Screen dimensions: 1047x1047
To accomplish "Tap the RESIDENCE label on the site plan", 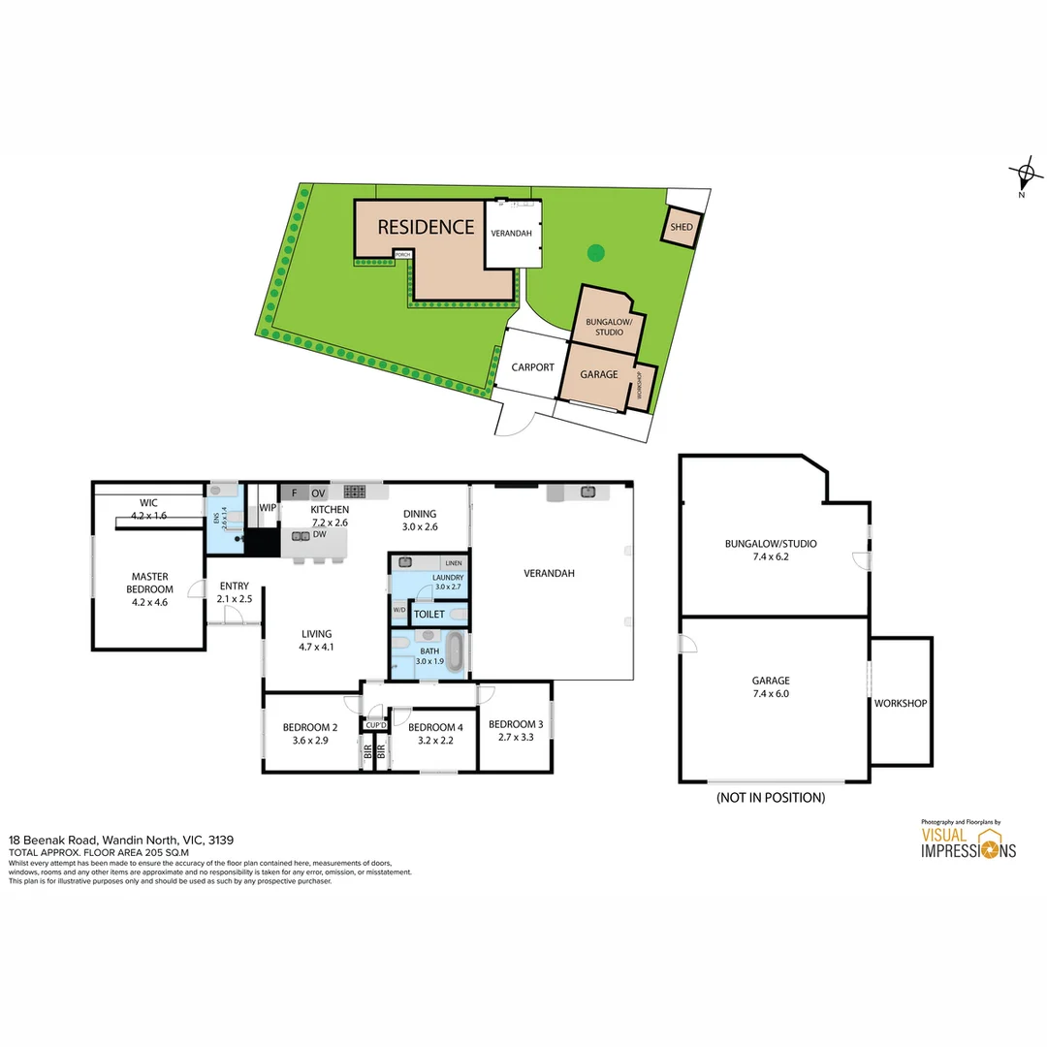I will click(x=426, y=227).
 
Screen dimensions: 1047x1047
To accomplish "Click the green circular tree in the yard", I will click(x=595, y=253).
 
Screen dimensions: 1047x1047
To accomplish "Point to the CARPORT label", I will click(x=532, y=367).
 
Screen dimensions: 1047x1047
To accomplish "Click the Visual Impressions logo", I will click(x=968, y=842).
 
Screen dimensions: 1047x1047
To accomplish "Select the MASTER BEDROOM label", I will click(x=150, y=583).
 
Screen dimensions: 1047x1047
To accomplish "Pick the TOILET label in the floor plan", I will click(x=428, y=615).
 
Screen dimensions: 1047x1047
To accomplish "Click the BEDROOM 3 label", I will click(x=515, y=724).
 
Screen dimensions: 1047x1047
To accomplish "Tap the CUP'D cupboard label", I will click(x=376, y=725).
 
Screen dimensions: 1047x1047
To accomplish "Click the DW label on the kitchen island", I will click(x=319, y=534).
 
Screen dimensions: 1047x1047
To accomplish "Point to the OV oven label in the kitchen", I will click(x=318, y=493).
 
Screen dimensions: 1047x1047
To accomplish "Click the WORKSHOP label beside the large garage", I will click(x=901, y=703).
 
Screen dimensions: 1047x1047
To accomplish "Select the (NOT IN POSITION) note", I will click(x=770, y=798).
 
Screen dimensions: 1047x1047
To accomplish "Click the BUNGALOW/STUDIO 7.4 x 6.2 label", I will click(x=771, y=550).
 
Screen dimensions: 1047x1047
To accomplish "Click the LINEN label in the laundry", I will click(x=452, y=563).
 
